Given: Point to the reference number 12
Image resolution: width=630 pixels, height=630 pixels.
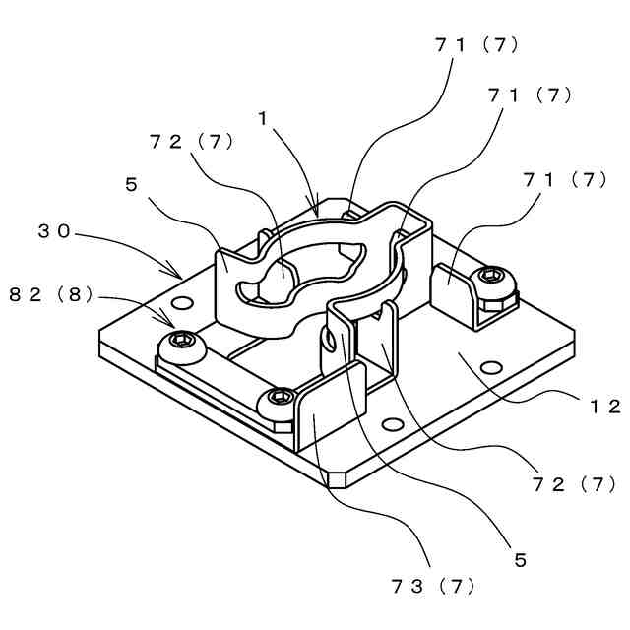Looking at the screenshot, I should (x=601, y=407).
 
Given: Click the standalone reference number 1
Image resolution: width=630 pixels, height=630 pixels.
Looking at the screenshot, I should (x=263, y=117).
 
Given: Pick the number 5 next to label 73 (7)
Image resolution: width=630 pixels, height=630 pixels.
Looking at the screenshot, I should (x=520, y=560).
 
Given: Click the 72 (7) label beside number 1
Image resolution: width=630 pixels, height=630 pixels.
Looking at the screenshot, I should (x=191, y=141).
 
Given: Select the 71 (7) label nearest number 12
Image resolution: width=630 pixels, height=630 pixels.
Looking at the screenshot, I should (x=561, y=179).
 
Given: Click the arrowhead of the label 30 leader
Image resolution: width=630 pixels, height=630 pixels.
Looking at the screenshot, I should (x=179, y=275).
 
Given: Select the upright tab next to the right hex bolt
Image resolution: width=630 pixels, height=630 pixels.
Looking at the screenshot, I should (x=453, y=288).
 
